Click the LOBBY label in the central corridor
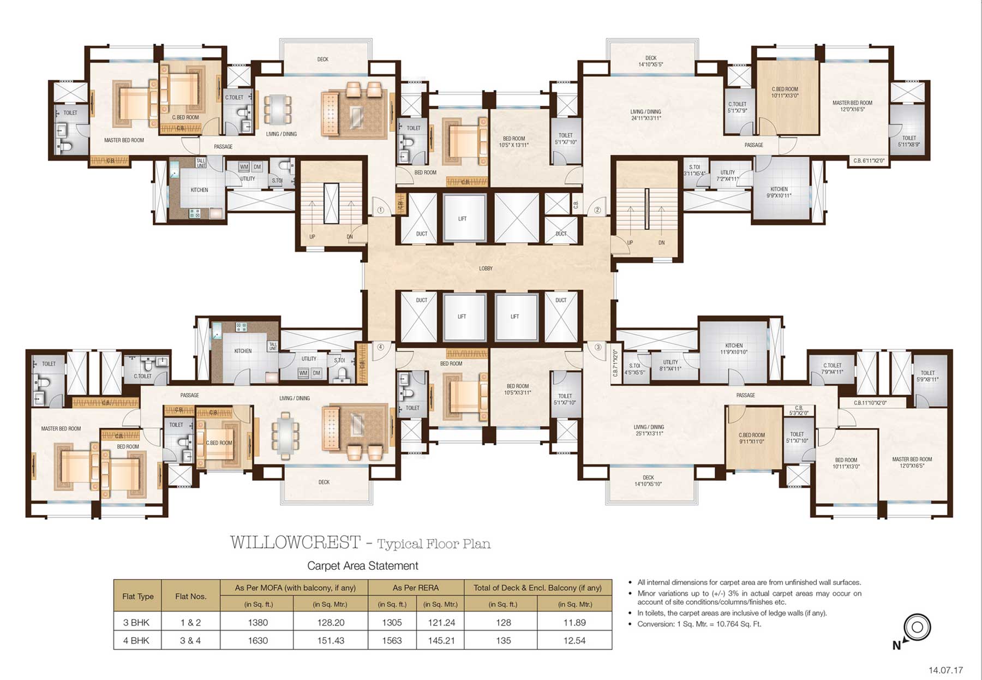pyautogui.click(x=486, y=269)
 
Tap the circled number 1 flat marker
pyautogui.click(x=381, y=210)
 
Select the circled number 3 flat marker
pyautogui.click(x=598, y=347)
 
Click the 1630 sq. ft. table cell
pyautogui.click(x=258, y=641)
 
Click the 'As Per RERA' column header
pyautogui.click(x=416, y=588)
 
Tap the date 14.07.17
pyautogui.click(x=946, y=670)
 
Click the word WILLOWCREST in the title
pyautogui.click(x=295, y=542)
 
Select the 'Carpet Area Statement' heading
pyautogui.click(x=362, y=566)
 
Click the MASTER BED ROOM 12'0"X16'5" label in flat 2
pyautogui.click(x=852, y=106)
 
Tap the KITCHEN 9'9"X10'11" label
pyautogui.click(x=779, y=192)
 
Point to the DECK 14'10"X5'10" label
pyautogui.click(x=648, y=480)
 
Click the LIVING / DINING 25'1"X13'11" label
pyautogui.click(x=649, y=430)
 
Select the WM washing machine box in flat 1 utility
pyautogui.click(x=244, y=167)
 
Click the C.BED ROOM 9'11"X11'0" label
pyautogui.click(x=751, y=438)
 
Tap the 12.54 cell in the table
pyautogui.click(x=574, y=641)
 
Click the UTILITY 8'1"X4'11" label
pyautogui.click(x=670, y=365)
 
